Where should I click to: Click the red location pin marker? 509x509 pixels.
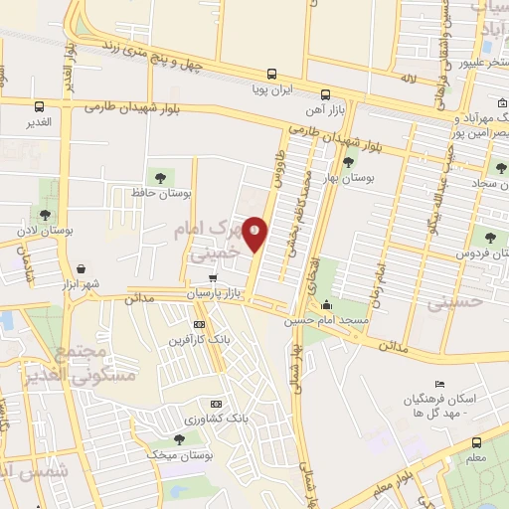(255, 233)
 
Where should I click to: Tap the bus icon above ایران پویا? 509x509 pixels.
(271, 73)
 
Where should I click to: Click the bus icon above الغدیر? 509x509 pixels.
(40, 106)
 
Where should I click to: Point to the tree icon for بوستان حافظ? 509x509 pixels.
(154, 175)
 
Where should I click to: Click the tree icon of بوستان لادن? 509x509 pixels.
(45, 214)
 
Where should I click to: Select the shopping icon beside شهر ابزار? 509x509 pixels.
(80, 267)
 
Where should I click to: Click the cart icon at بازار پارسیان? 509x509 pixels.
(213, 279)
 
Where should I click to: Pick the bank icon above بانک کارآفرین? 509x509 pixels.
(199, 324)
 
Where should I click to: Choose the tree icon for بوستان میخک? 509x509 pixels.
(179, 438)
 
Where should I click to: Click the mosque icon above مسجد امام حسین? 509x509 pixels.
(327, 306)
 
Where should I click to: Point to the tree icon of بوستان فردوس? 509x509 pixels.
(489, 237)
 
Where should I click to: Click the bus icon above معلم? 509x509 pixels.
(476, 443)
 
